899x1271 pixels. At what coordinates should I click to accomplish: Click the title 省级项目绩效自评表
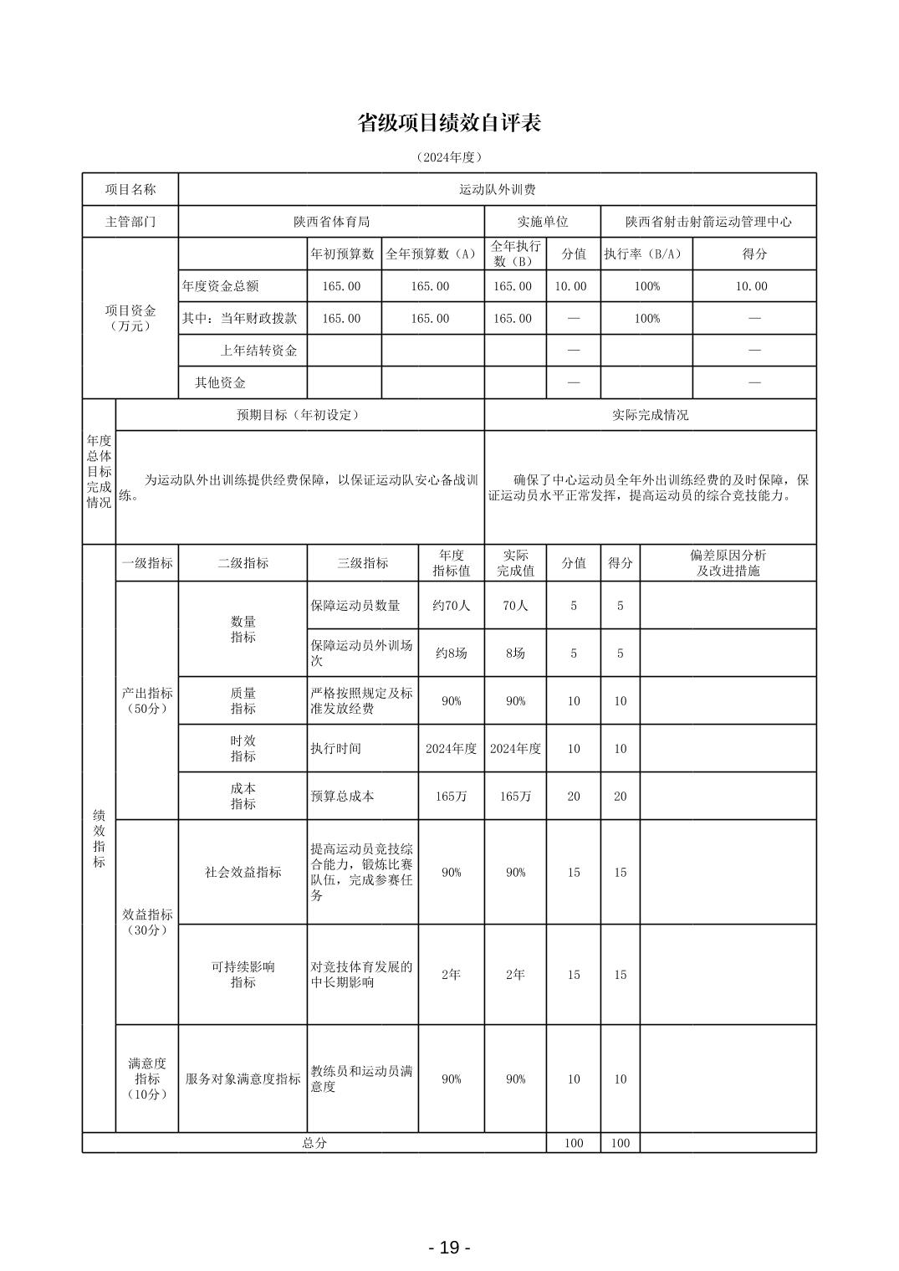tap(449, 123)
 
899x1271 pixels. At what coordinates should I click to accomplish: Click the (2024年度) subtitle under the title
tap(449, 157)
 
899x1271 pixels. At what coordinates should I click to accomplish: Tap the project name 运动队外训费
tap(498, 190)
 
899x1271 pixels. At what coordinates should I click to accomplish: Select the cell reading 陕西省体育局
tap(331, 222)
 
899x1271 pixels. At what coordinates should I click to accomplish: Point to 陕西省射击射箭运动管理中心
tap(708, 222)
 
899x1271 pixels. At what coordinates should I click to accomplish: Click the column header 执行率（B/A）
tap(646, 254)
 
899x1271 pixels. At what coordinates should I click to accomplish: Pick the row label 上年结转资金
tap(258, 351)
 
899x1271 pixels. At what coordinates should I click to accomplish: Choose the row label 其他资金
tap(220, 382)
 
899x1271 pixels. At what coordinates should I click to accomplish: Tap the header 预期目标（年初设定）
tap(299, 415)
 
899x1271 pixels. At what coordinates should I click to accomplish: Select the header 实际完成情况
tap(650, 415)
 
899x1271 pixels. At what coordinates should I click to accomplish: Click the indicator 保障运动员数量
tap(355, 606)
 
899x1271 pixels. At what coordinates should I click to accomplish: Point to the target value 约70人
tap(451, 606)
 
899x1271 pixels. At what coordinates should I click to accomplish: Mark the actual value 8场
tap(515, 653)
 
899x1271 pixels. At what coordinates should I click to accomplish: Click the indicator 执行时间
tap(335, 749)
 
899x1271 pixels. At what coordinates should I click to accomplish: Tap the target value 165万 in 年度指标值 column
tap(451, 797)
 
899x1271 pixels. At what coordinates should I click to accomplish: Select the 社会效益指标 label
tap(243, 872)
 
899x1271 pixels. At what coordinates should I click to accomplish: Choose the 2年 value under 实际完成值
tap(515, 975)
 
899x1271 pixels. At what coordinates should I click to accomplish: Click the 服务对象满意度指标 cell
tap(243, 1079)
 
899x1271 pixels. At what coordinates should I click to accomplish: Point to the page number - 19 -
tap(449, 1248)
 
